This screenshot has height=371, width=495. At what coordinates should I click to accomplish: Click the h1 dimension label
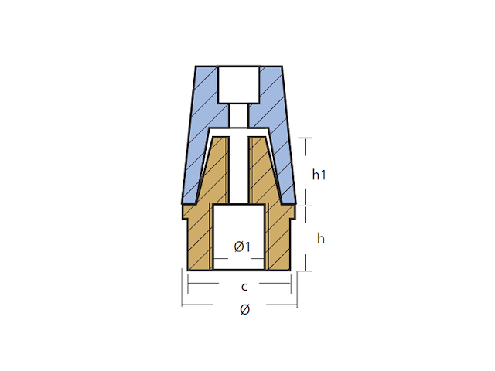click(319, 175)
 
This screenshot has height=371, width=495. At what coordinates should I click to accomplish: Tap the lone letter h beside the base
click(320, 239)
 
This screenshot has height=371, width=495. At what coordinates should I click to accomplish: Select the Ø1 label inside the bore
click(242, 247)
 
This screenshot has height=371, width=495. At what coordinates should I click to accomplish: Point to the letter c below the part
click(244, 287)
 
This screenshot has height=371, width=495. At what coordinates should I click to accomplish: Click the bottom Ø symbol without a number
click(244, 310)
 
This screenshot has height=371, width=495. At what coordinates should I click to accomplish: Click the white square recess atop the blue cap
click(239, 86)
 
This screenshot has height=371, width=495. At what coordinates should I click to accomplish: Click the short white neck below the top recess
click(240, 114)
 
